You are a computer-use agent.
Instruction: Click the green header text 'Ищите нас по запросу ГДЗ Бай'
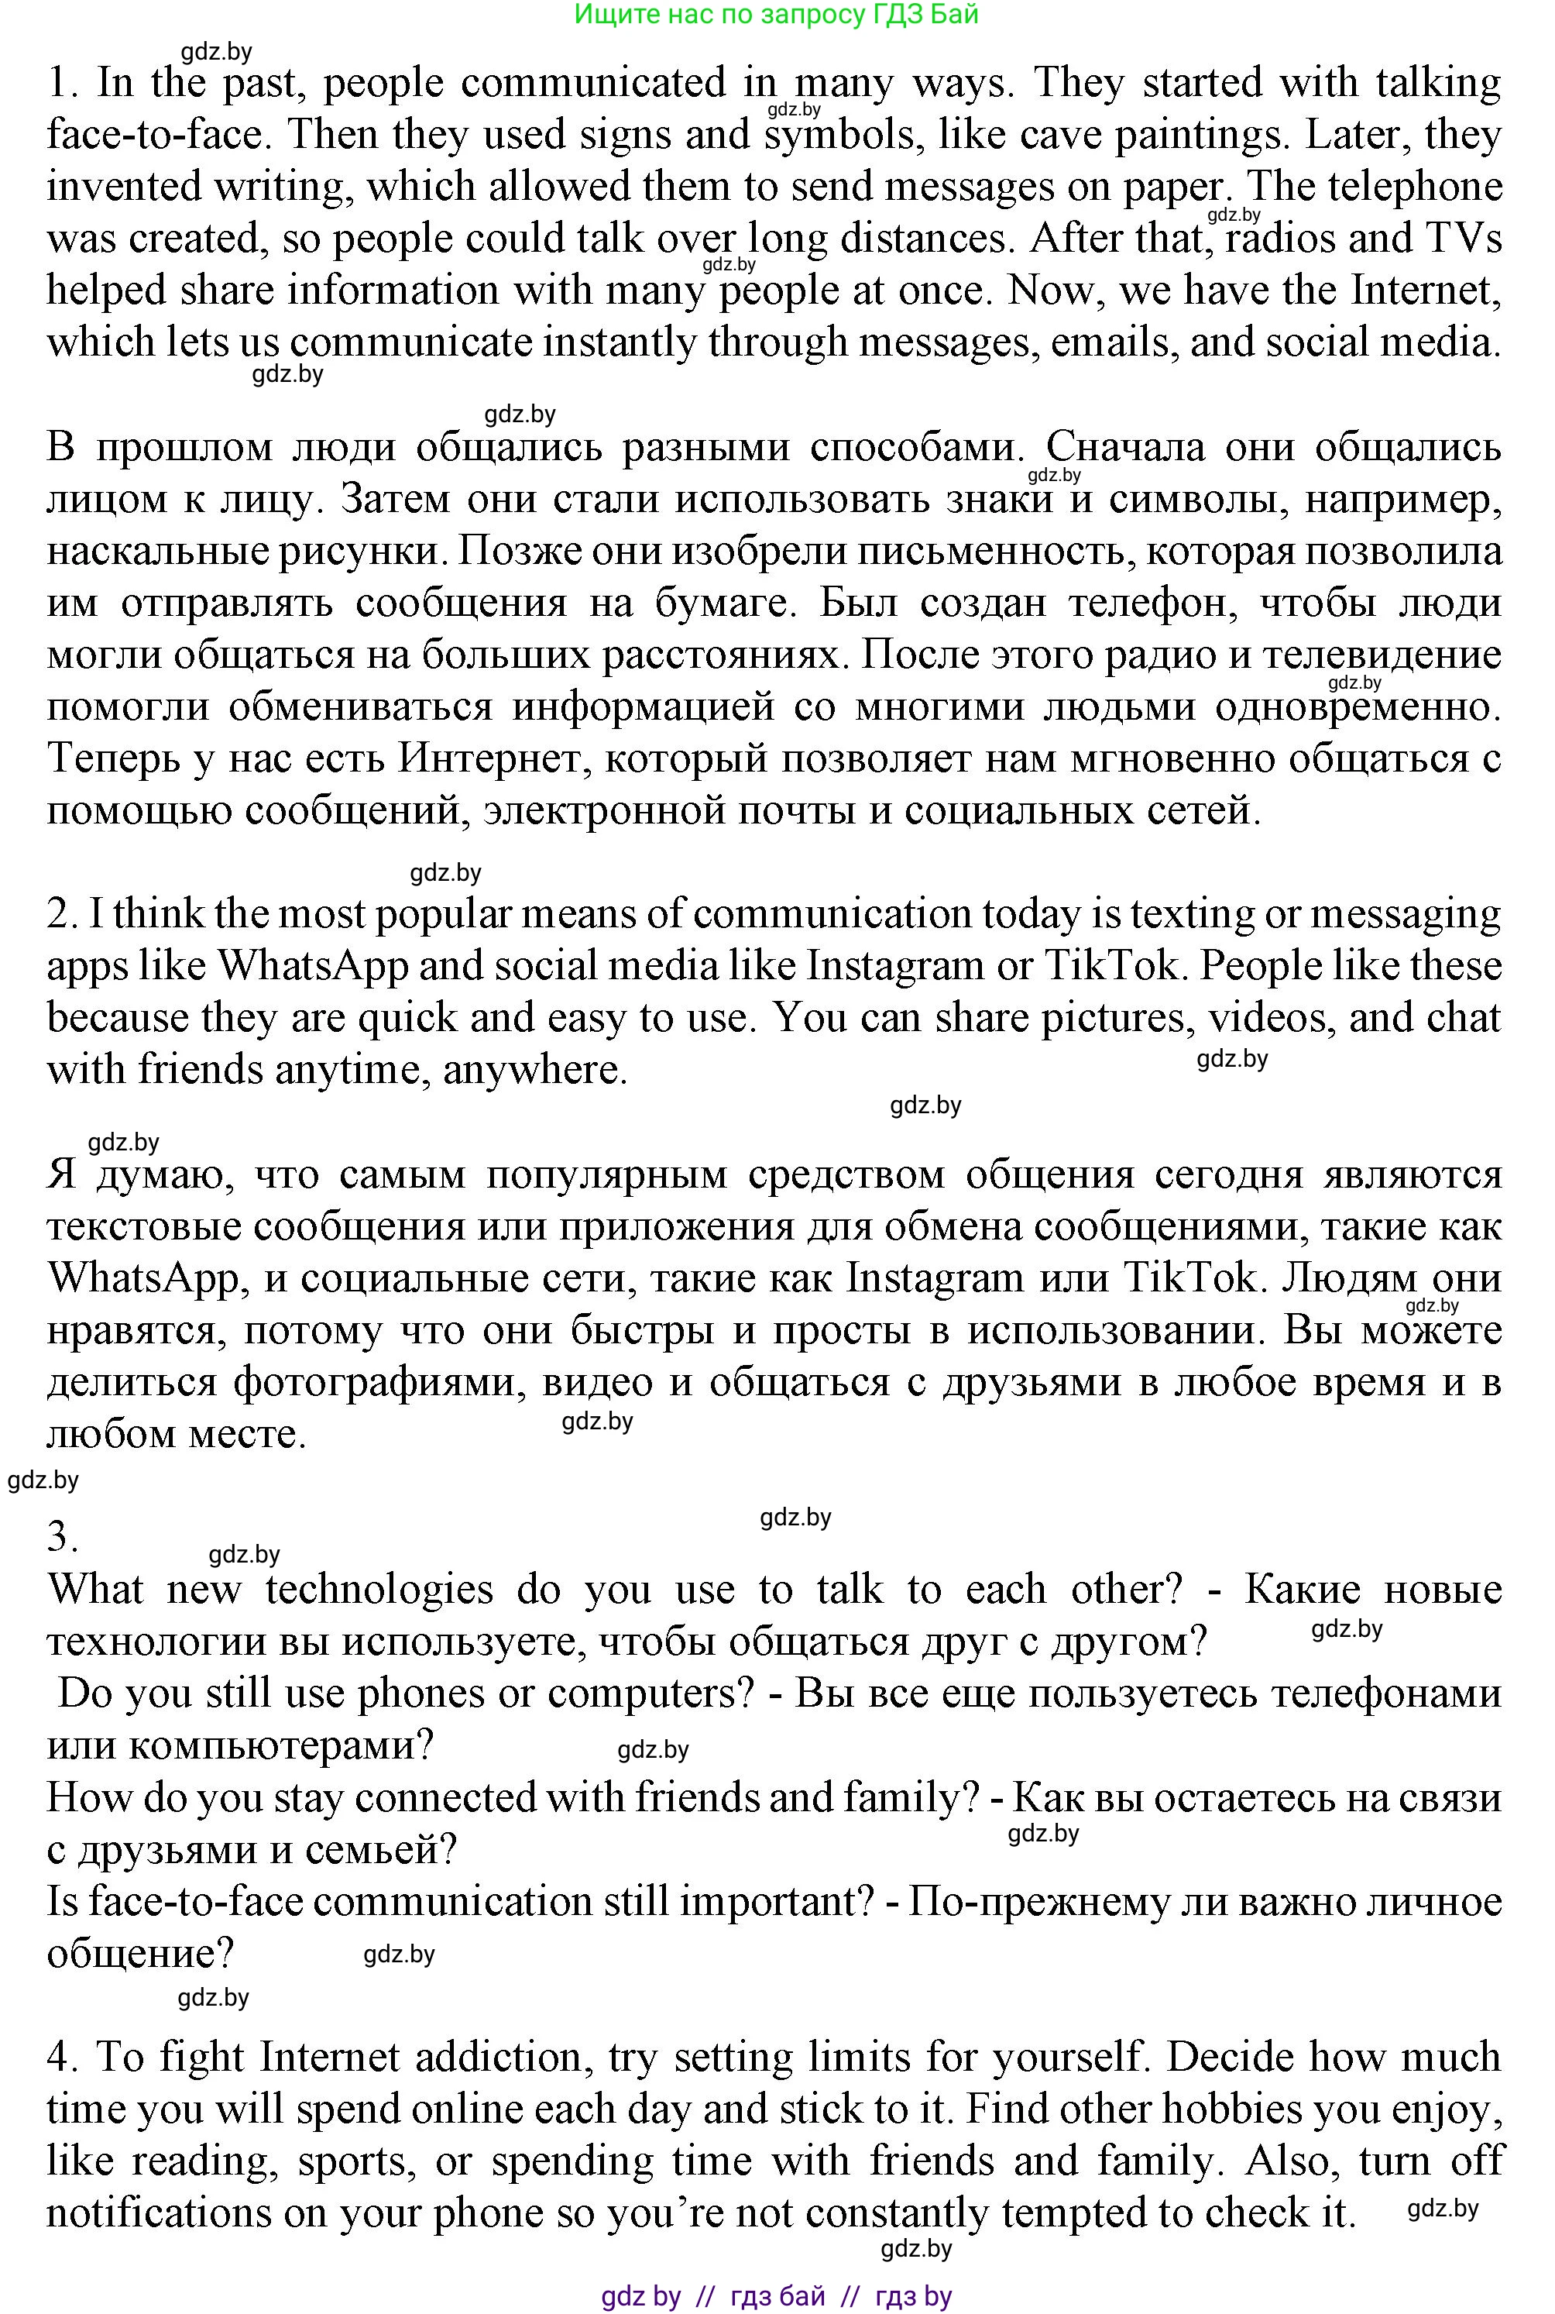(x=777, y=14)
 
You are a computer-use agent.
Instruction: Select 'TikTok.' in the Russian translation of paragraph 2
(x=1196, y=1277)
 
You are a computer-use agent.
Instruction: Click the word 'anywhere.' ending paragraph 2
(x=536, y=1070)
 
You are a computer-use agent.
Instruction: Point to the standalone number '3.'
(x=63, y=1536)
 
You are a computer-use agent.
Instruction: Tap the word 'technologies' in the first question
(x=379, y=1590)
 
